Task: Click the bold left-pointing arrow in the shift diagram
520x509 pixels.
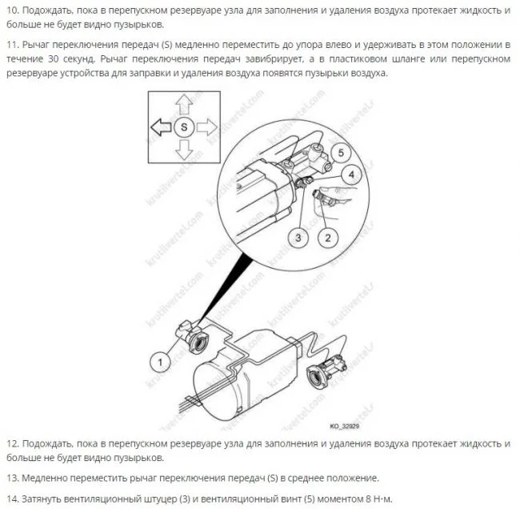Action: pyautogui.click(x=161, y=127)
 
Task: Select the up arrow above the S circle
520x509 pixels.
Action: pyautogui.click(x=184, y=105)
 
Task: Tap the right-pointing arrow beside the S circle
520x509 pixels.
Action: pyautogui.click(x=207, y=127)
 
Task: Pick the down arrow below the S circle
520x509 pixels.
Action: pyautogui.click(x=184, y=150)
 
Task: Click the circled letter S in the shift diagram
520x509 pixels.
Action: pyautogui.click(x=184, y=127)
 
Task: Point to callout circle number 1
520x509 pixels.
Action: pyautogui.click(x=160, y=362)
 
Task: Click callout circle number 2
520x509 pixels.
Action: pyautogui.click(x=328, y=238)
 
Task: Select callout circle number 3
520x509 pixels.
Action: pyautogui.click(x=298, y=238)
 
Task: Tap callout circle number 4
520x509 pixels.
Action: pyautogui.click(x=351, y=174)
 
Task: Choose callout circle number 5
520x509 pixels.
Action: pyautogui.click(x=341, y=153)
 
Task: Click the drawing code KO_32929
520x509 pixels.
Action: pyautogui.click(x=345, y=426)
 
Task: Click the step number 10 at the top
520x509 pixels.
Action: pyautogui.click(x=13, y=10)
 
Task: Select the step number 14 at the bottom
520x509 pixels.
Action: pyautogui.click(x=13, y=499)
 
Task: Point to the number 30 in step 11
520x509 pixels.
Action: pyautogui.click(x=54, y=59)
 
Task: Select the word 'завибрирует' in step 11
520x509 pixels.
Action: pyautogui.click(x=274, y=59)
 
